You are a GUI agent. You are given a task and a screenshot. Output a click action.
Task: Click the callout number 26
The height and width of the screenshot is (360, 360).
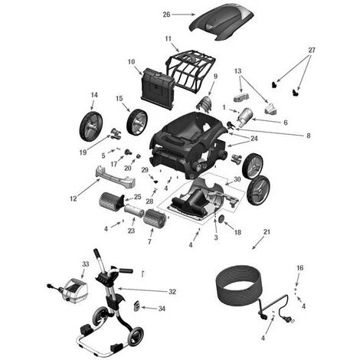(166, 15)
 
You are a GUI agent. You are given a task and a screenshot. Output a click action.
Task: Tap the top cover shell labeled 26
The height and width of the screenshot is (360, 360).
(221, 21)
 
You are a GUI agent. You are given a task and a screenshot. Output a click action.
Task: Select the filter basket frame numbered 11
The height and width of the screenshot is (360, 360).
(191, 68)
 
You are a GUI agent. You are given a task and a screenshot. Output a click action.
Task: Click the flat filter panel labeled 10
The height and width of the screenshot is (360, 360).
(157, 88)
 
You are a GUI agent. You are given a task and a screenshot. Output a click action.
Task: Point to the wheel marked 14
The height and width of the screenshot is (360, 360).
(91, 126)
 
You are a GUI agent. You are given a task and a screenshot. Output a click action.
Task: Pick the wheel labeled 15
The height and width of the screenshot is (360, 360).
(137, 122)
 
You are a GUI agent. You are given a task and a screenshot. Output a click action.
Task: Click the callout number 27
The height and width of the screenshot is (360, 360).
(312, 50)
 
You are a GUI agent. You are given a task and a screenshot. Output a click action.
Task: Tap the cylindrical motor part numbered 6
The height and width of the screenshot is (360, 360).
(244, 117)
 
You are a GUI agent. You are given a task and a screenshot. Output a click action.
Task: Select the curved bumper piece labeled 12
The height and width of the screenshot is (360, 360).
(116, 177)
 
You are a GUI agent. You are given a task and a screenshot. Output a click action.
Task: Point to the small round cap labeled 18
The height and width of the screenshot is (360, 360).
(221, 218)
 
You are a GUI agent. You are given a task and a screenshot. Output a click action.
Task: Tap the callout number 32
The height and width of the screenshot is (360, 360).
(172, 292)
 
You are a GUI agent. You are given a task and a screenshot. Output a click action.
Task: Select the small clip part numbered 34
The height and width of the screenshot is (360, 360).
(137, 306)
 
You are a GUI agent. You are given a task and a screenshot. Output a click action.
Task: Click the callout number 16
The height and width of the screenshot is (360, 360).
(300, 268)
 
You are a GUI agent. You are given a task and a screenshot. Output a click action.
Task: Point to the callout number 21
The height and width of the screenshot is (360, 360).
(267, 232)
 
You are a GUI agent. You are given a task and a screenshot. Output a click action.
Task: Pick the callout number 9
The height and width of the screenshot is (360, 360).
(215, 77)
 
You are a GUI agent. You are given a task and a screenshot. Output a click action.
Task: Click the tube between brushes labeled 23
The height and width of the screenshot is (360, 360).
(134, 211)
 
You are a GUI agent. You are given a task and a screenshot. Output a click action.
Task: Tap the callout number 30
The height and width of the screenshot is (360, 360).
(237, 179)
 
